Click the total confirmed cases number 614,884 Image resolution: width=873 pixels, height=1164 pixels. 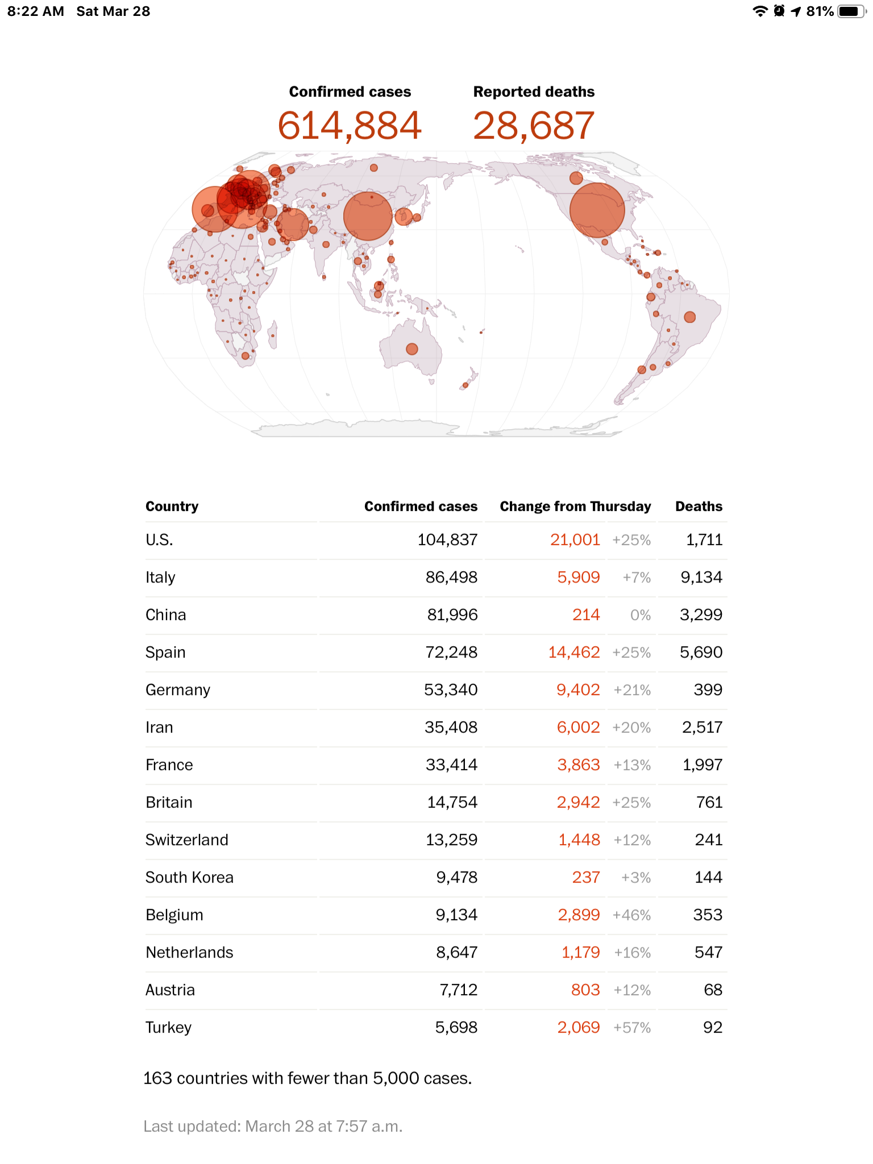350,126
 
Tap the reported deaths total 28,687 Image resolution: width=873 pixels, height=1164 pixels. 534,126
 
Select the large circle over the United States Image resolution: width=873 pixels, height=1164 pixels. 597,210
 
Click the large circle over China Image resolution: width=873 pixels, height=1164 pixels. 368,216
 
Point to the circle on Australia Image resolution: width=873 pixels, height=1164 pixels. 412,349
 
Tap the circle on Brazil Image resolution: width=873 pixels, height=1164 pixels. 690,317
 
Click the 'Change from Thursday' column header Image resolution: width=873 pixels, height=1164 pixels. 575,506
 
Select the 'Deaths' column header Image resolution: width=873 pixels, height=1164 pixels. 699,506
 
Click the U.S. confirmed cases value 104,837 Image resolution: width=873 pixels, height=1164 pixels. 447,539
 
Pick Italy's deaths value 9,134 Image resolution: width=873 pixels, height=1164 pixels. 701,577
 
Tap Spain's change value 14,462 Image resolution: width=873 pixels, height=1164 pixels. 574,652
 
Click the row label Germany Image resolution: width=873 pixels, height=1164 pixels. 178,690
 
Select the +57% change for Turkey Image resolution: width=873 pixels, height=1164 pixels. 632,1028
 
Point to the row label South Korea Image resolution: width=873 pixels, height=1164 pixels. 189,877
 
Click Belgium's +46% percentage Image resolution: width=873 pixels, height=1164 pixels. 632,915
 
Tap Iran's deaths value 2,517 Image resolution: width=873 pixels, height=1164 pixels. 702,727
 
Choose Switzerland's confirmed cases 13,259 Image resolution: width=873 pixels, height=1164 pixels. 452,839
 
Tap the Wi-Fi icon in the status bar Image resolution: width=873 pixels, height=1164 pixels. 760,11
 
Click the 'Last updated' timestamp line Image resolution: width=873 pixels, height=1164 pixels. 273,1126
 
